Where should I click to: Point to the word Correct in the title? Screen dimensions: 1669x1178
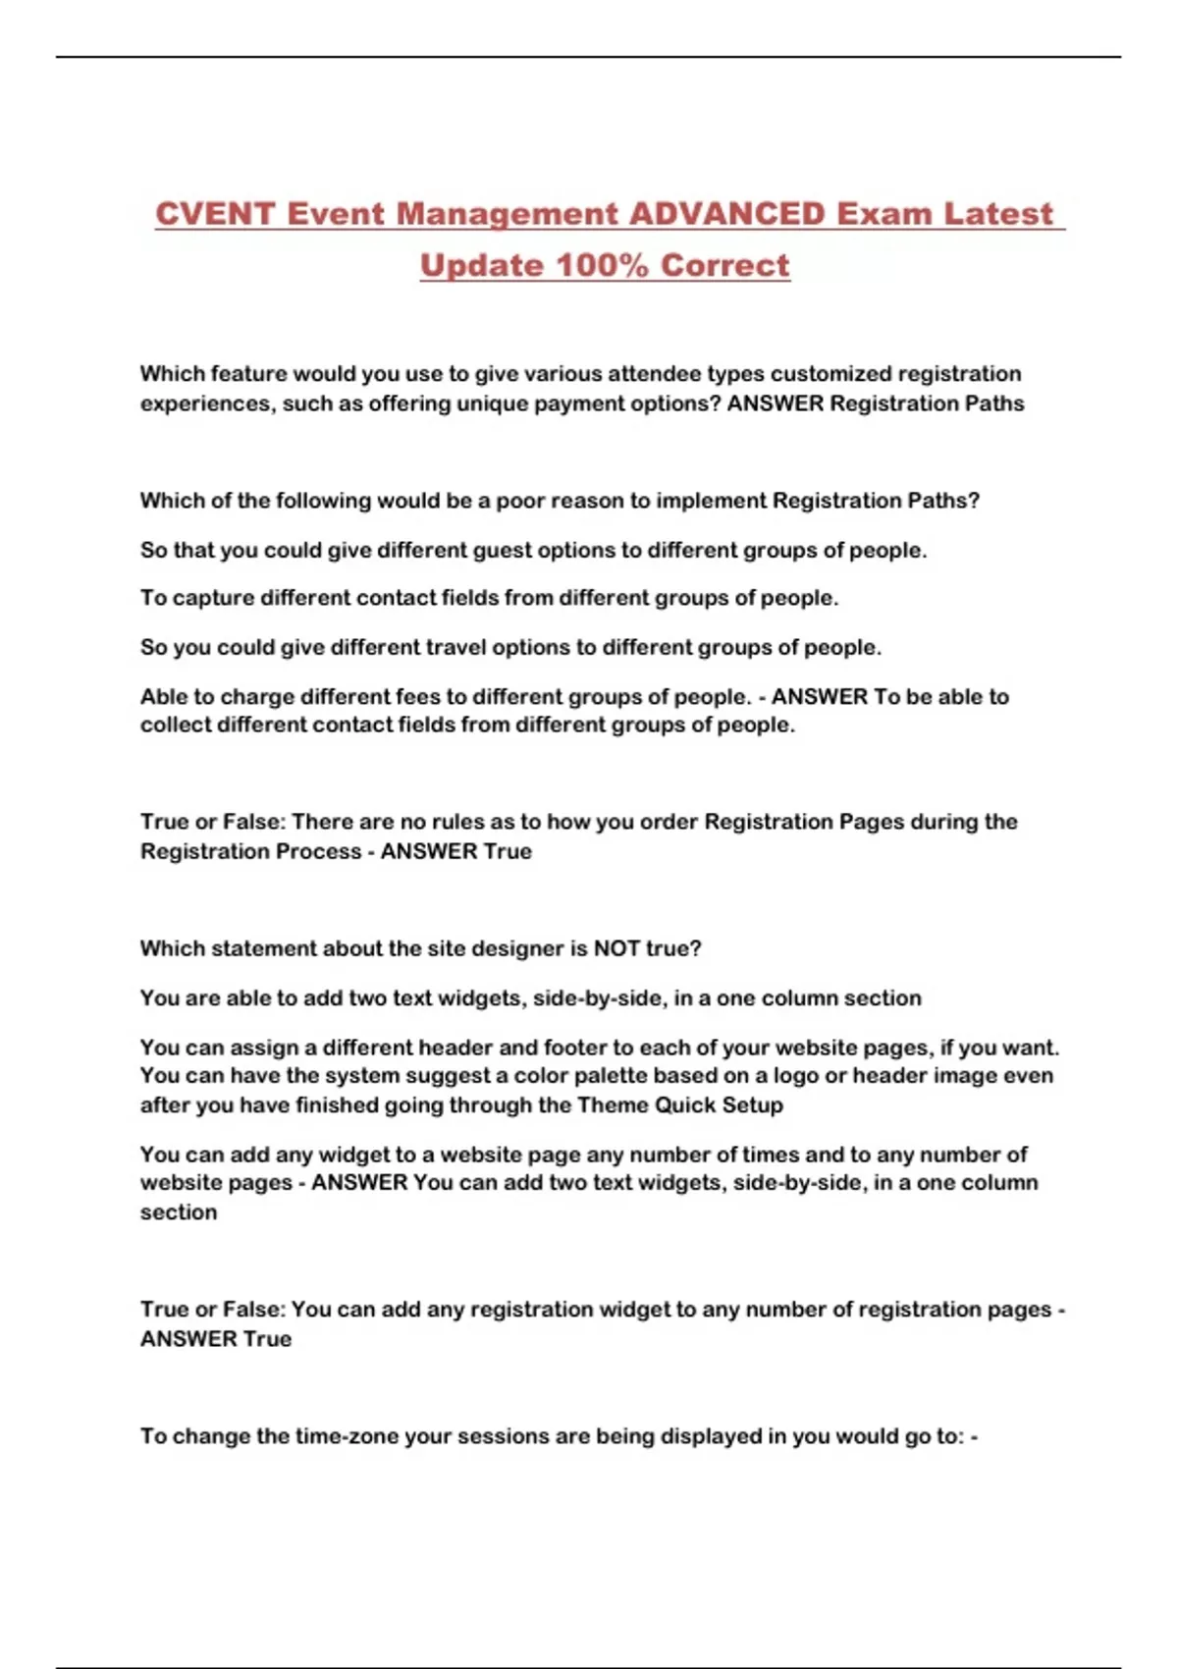pyautogui.click(x=725, y=265)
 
